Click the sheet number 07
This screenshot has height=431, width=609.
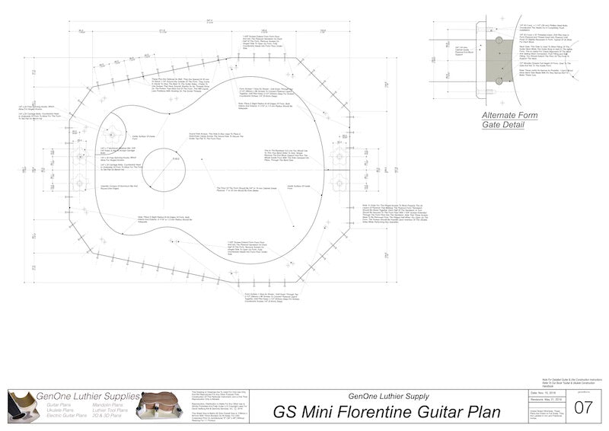[x=583, y=407]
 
